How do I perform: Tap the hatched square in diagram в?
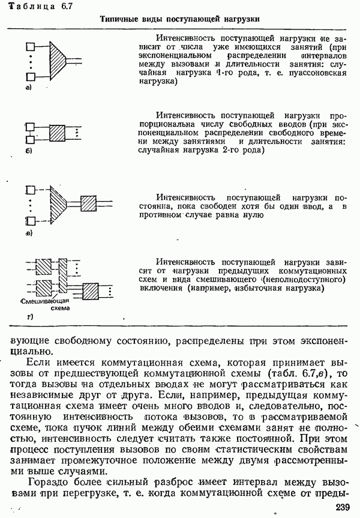[x=88, y=203]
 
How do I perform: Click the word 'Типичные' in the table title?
[x=118, y=20]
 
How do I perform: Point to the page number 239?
[x=343, y=507]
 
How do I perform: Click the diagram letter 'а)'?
[x=28, y=88]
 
